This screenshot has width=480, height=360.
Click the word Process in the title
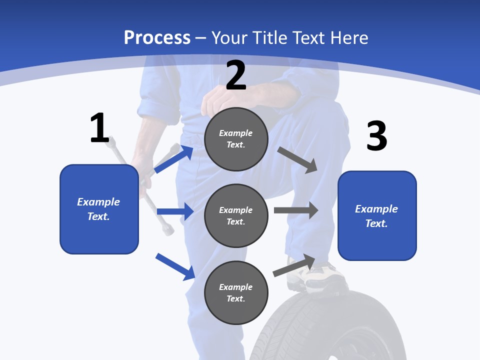point(157,37)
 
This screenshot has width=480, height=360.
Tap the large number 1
point(99,128)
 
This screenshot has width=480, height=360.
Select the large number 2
point(236,76)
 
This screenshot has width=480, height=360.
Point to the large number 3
point(377,136)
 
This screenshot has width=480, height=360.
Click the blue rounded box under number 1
point(99,209)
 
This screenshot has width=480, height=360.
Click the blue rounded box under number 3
point(377,216)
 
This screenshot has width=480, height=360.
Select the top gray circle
point(236,139)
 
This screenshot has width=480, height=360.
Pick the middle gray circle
point(236,215)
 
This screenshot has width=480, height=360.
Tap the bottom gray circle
point(236,292)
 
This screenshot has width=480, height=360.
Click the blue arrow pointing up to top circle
point(173,159)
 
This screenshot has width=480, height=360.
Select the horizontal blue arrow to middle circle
point(175,211)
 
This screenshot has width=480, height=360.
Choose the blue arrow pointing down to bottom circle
point(175,266)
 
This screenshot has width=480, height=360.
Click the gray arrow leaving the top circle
point(298,160)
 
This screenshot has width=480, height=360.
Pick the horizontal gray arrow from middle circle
point(296,210)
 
